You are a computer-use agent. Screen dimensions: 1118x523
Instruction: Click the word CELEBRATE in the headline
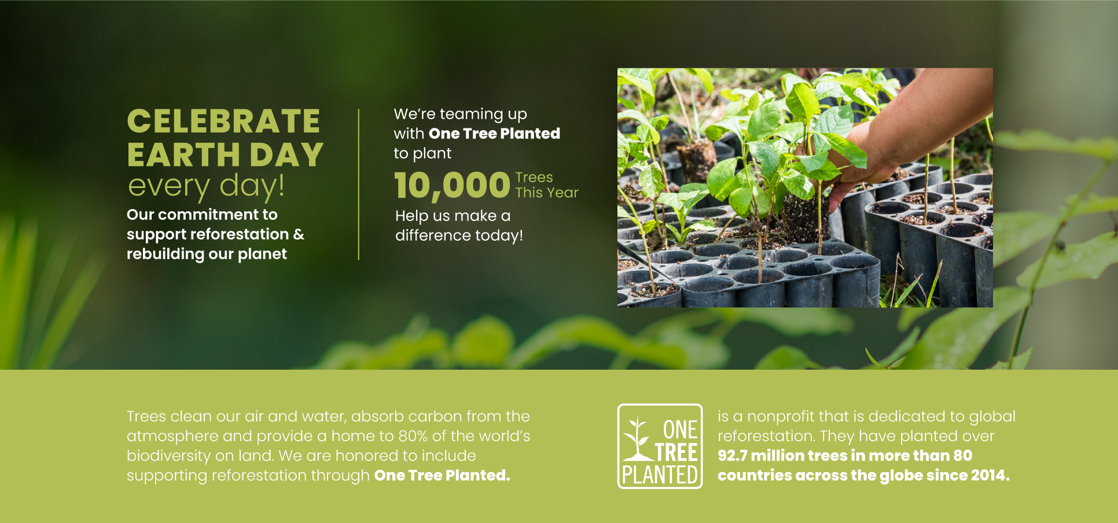point(223,121)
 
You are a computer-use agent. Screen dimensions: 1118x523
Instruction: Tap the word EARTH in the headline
point(183,155)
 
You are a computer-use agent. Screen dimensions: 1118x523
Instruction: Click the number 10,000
point(452,186)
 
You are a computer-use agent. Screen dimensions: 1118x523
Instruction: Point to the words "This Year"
point(547,193)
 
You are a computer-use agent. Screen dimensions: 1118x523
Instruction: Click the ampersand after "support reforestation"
point(299,234)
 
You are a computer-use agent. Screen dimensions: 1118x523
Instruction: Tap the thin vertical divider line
point(359,184)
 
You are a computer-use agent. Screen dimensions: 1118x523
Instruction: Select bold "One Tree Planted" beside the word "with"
point(494,134)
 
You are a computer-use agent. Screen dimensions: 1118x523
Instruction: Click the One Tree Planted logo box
point(660,446)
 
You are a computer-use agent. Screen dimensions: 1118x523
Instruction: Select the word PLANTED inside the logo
point(660,475)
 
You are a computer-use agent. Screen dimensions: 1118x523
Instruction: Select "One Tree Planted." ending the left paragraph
point(442,476)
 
